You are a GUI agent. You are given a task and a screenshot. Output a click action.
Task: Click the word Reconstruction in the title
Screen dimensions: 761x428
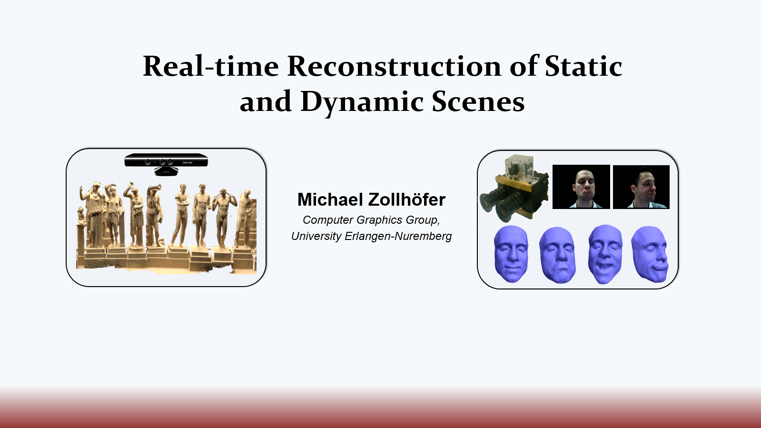point(394,66)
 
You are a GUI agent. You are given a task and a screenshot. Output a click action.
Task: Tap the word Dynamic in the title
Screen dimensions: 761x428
point(362,102)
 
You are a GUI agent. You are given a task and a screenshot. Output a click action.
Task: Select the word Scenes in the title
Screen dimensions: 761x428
point(478,102)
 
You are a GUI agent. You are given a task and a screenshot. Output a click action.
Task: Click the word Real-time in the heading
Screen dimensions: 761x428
point(211,66)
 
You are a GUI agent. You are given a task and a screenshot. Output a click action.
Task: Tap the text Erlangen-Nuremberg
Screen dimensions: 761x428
point(398,236)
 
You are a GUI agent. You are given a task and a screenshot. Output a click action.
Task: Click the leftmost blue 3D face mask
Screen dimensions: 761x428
point(511,254)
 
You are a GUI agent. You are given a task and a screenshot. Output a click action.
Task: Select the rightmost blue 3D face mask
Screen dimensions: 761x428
point(650,254)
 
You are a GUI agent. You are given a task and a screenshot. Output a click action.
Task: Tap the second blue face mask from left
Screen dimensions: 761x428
point(557,255)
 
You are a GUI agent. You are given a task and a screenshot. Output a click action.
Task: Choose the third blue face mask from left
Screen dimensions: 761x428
point(605,254)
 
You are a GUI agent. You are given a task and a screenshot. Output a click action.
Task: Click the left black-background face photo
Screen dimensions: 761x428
point(581,187)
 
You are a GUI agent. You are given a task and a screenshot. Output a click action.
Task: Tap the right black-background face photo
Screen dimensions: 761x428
point(641,187)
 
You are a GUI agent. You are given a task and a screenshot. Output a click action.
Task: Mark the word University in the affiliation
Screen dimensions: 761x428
point(316,236)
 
